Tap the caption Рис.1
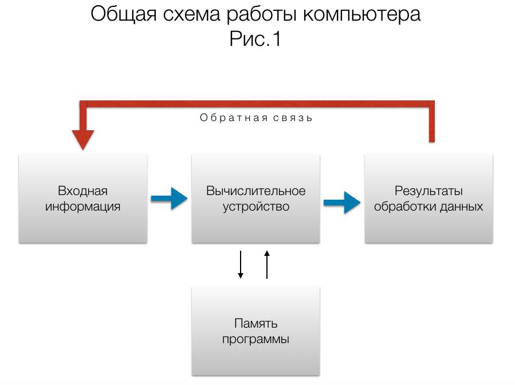click(x=255, y=40)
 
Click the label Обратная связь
click(x=256, y=118)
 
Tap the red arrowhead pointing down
click(x=83, y=139)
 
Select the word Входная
click(x=83, y=191)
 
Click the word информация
click(x=83, y=206)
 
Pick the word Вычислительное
click(x=256, y=191)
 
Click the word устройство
click(x=256, y=206)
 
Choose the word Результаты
click(x=428, y=191)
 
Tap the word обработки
click(x=402, y=206)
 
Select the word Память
click(x=255, y=324)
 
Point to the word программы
click(x=255, y=339)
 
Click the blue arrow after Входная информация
click(x=169, y=199)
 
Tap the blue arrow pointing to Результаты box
click(x=342, y=202)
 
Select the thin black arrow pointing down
click(x=241, y=265)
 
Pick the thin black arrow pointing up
click(x=266, y=265)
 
